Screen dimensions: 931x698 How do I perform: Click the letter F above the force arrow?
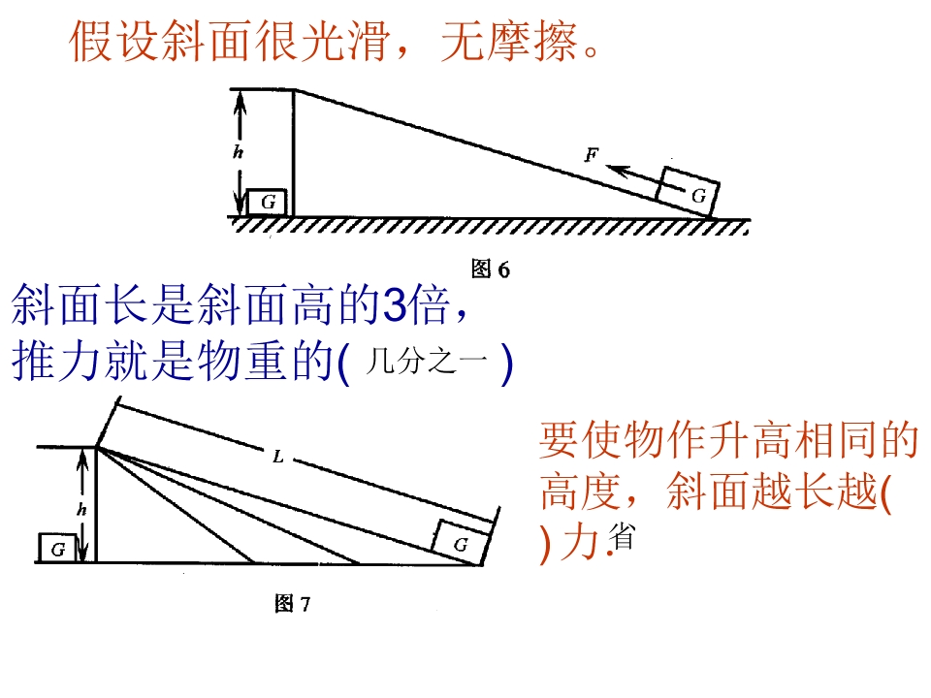tap(592, 155)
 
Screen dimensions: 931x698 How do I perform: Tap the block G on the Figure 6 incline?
tap(688, 191)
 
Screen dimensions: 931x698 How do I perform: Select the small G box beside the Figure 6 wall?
tap(268, 202)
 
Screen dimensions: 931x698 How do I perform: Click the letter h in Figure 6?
tap(239, 152)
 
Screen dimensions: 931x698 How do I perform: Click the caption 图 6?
tap(491, 269)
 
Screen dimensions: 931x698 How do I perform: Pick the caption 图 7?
tap(292, 604)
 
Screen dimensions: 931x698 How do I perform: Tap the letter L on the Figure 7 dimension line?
tap(278, 457)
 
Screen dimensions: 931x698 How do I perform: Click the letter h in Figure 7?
tap(81, 509)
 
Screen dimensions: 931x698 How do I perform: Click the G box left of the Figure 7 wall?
tap(57, 548)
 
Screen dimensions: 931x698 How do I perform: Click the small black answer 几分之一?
tap(427, 361)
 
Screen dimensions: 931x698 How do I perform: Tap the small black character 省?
tap(622, 536)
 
